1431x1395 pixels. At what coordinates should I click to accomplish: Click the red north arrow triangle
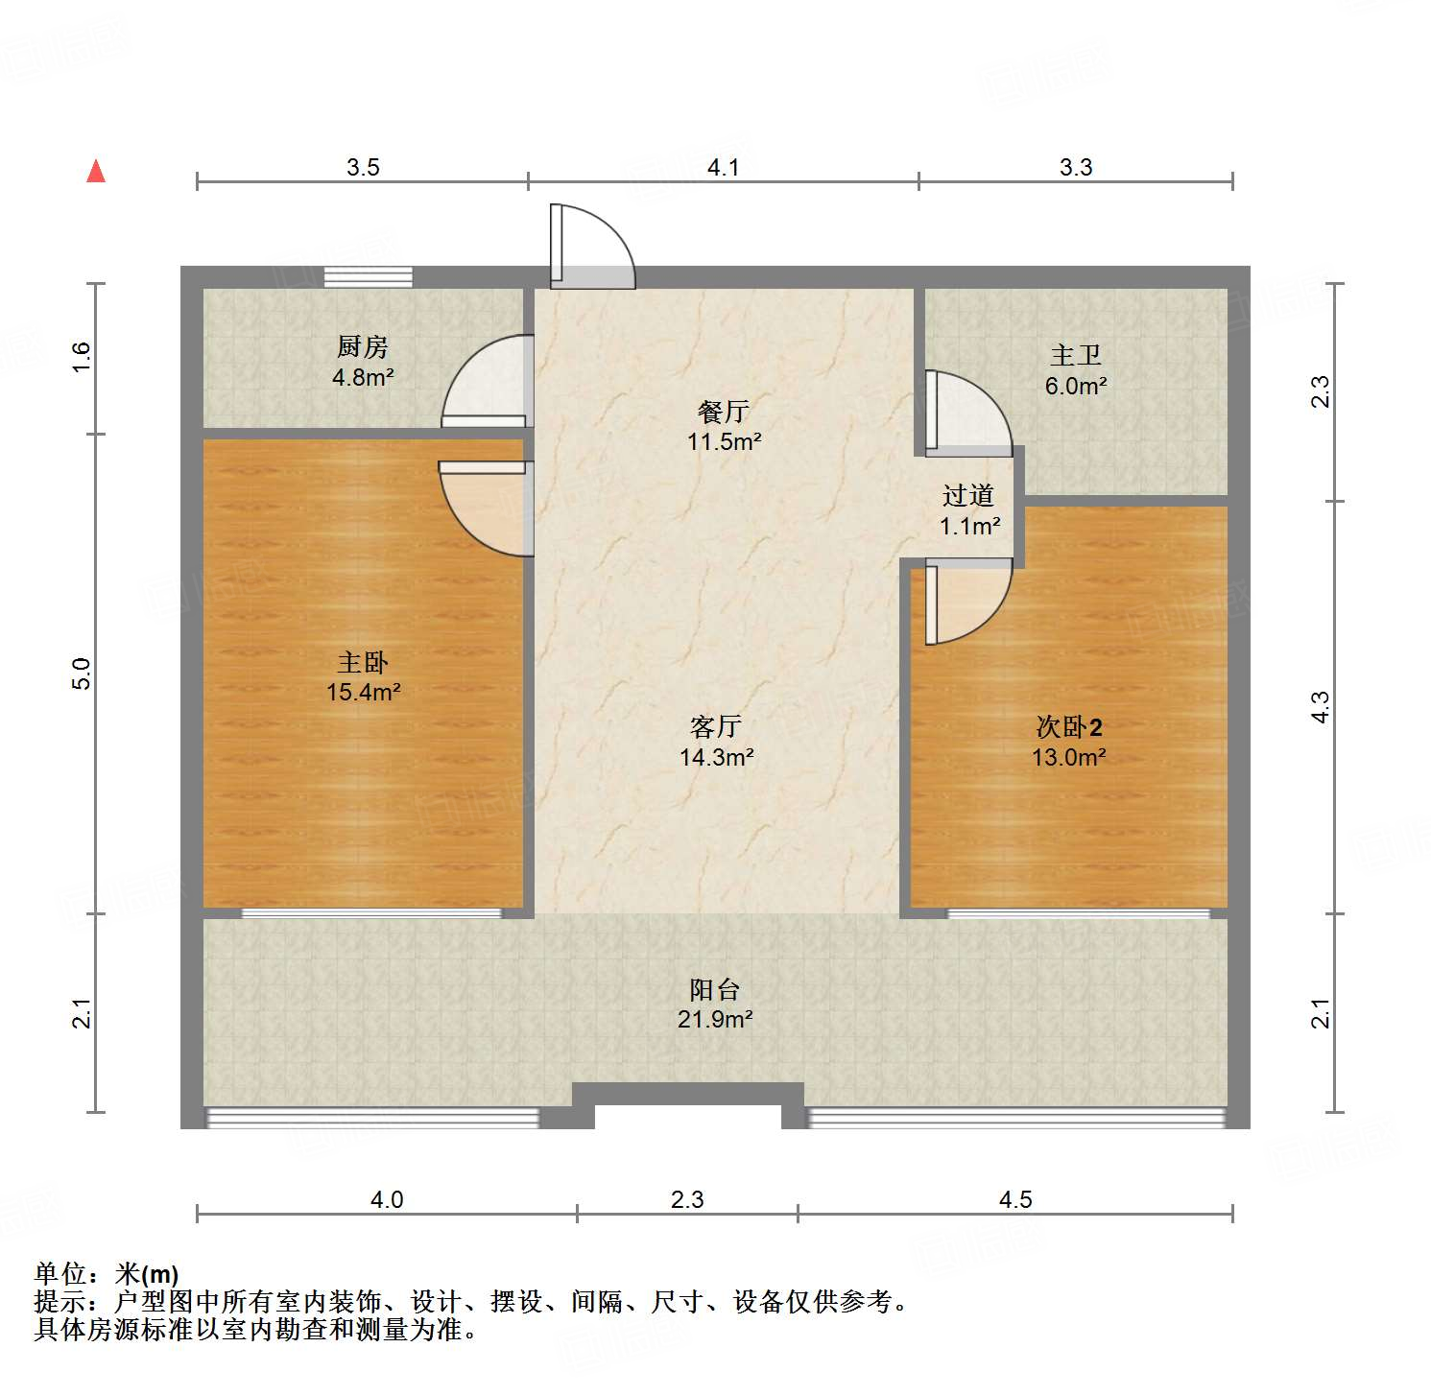coord(96,172)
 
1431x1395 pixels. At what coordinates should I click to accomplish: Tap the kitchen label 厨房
coord(363,346)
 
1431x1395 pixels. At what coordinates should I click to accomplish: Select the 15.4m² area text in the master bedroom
coord(363,693)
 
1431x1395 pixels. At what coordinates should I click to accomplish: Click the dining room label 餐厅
coord(724,412)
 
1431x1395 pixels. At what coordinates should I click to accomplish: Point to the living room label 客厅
coord(716,726)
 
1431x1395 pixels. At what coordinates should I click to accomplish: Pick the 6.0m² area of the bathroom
coord(1076,387)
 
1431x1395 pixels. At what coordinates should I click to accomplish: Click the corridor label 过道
coord(968,495)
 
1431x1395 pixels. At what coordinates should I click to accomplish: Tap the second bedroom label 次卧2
coord(1069,726)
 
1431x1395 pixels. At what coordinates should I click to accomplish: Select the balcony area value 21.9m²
coord(715,1020)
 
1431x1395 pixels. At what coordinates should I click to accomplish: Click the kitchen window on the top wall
coord(369,276)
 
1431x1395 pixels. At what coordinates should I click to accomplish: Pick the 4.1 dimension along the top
coord(724,168)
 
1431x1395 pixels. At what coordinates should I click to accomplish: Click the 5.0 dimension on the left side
coord(82,674)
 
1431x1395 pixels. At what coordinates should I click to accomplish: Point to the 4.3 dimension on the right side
coord(1321,707)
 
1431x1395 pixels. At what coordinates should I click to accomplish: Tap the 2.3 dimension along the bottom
coord(687,1200)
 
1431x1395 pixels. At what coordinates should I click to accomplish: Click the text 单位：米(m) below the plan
coord(107,1274)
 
